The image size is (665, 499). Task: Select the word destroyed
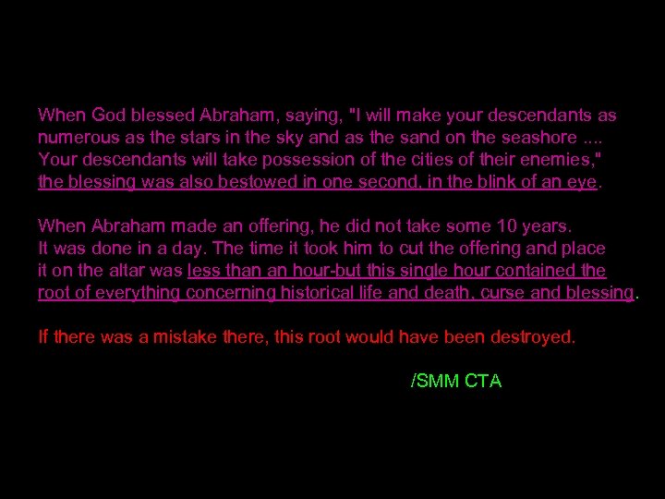coord(533,336)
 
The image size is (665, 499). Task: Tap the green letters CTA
coord(483,380)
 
